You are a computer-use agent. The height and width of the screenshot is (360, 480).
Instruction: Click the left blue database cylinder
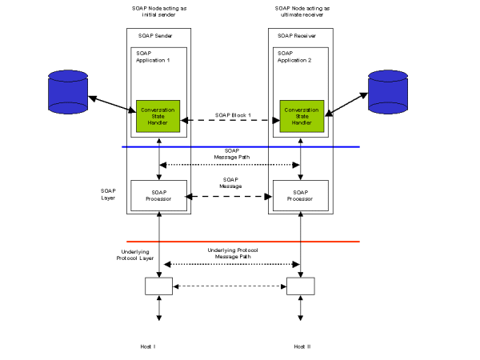[x=68, y=90]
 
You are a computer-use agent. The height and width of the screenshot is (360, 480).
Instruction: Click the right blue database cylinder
[x=388, y=90]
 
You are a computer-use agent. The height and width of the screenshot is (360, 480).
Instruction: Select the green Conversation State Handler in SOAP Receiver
[x=300, y=117]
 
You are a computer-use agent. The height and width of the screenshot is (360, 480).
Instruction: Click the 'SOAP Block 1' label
[x=232, y=115]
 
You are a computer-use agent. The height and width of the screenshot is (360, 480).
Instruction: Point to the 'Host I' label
[x=158, y=346]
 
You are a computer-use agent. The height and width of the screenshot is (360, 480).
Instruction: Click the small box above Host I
[x=158, y=286]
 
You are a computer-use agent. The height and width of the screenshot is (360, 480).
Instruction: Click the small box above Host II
[x=300, y=286]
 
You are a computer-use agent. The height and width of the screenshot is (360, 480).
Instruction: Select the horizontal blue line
[x=240, y=146]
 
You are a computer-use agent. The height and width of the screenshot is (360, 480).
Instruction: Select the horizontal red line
[x=240, y=241]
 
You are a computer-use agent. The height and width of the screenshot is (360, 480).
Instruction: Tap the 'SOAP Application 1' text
[x=151, y=57]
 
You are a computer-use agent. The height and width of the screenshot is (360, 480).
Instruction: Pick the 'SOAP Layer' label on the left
[x=108, y=194]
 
